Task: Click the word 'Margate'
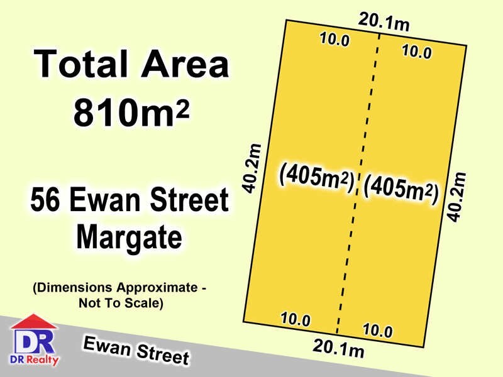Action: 129,238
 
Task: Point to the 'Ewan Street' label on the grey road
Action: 136,350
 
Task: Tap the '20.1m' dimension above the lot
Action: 384,23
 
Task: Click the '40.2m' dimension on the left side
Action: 252,168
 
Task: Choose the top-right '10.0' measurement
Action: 416,52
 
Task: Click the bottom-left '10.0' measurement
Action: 296,319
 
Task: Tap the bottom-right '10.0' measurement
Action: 378,331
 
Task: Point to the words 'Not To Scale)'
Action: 121,303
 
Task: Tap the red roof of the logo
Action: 34,322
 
